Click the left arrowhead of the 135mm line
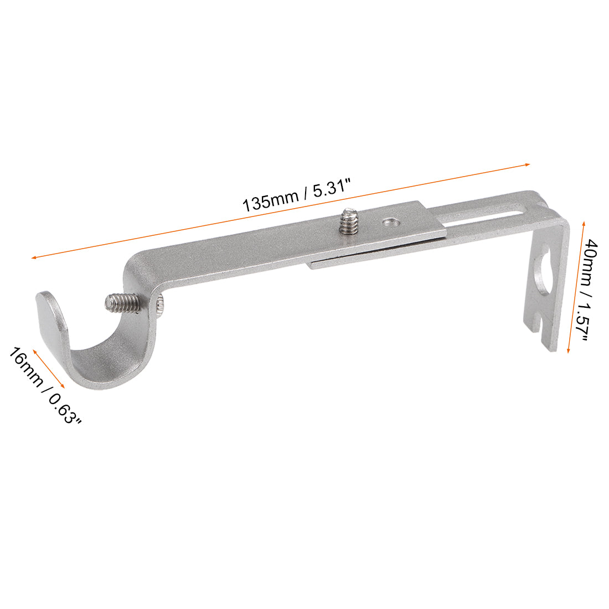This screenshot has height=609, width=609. click(34, 257)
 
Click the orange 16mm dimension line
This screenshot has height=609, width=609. click(49, 368)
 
